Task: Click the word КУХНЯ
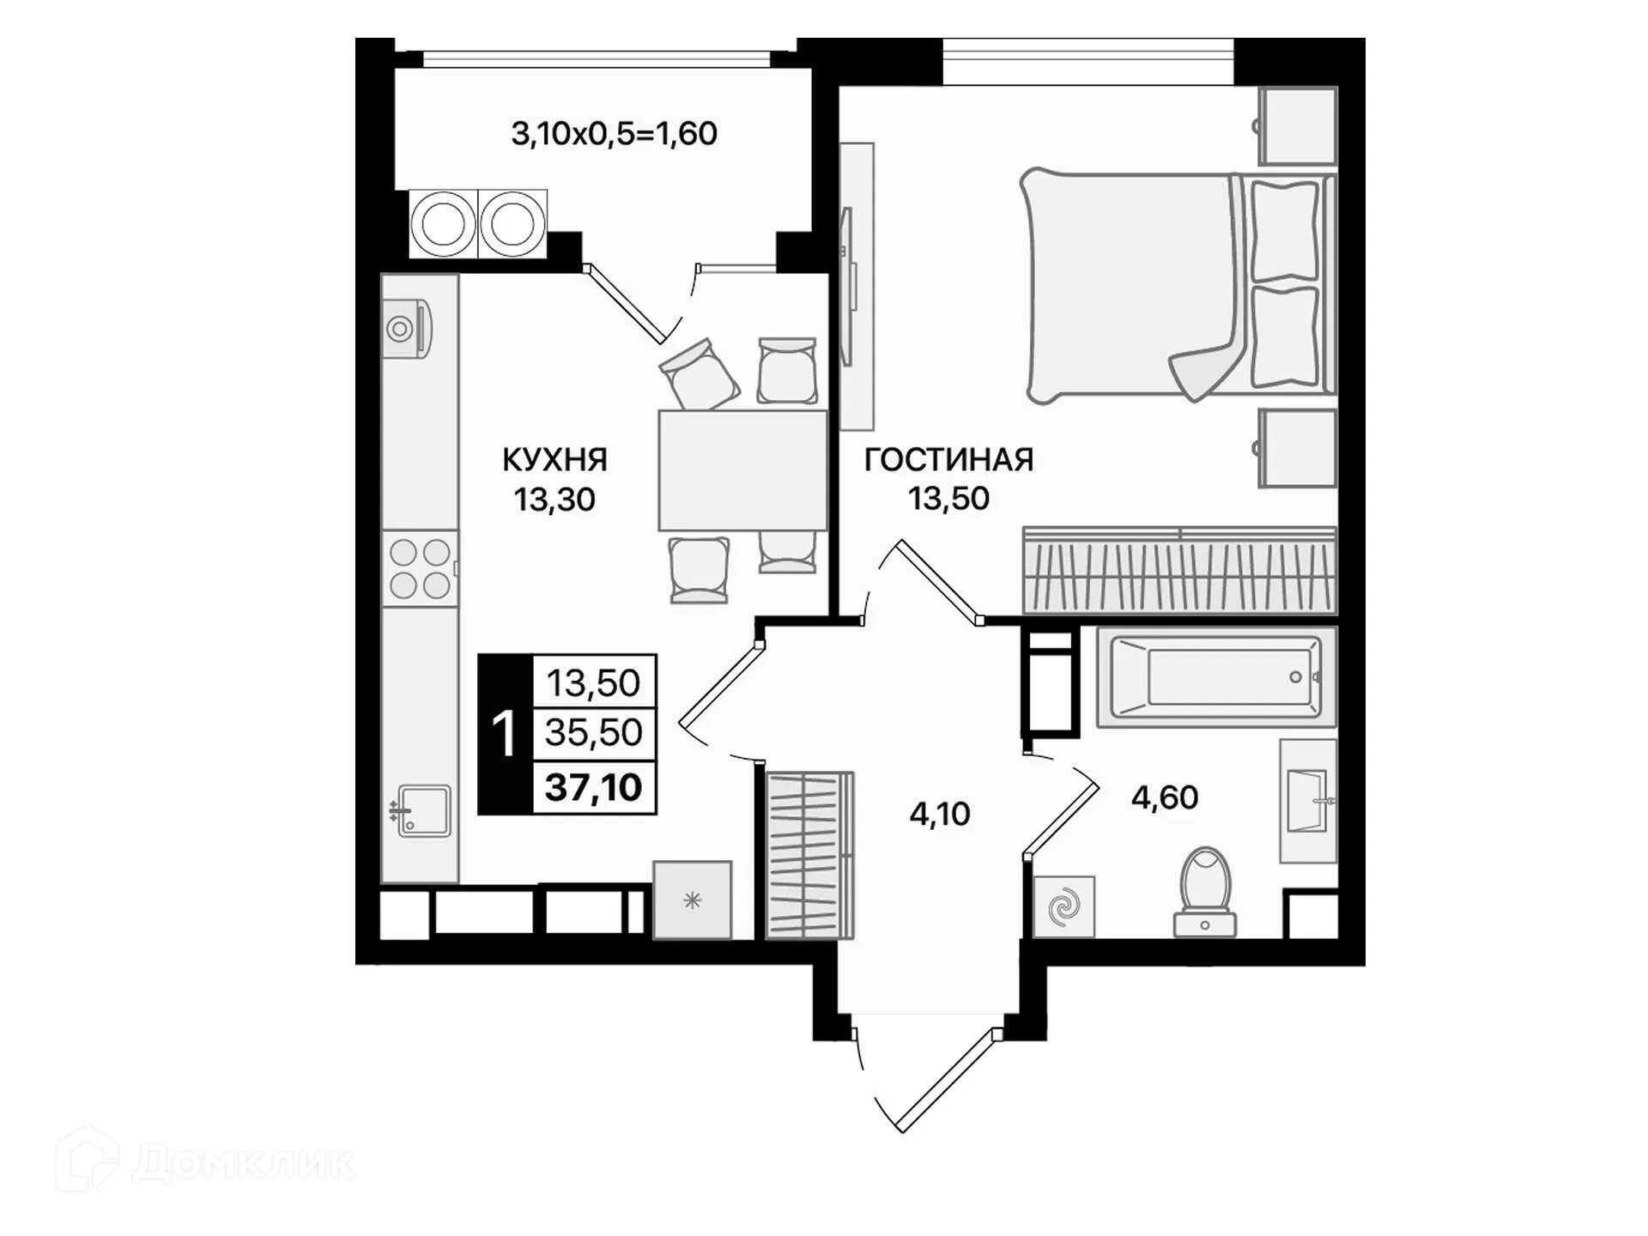tap(554, 460)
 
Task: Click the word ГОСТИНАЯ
tap(948, 460)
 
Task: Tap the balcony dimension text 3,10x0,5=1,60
tap(614, 134)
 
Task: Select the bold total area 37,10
tap(593, 787)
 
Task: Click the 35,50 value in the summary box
tap(593, 733)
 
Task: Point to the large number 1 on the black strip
tap(504, 735)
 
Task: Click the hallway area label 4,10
tap(940, 814)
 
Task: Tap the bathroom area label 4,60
tap(1164, 797)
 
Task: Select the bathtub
tap(1216, 677)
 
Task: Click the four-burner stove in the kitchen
tap(420, 568)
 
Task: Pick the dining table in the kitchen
tap(742, 470)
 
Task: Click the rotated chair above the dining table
tap(699, 374)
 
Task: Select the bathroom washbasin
tap(1308, 801)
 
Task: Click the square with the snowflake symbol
tap(692, 900)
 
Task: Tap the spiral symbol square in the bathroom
tap(1064, 906)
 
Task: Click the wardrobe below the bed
tap(1179, 570)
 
